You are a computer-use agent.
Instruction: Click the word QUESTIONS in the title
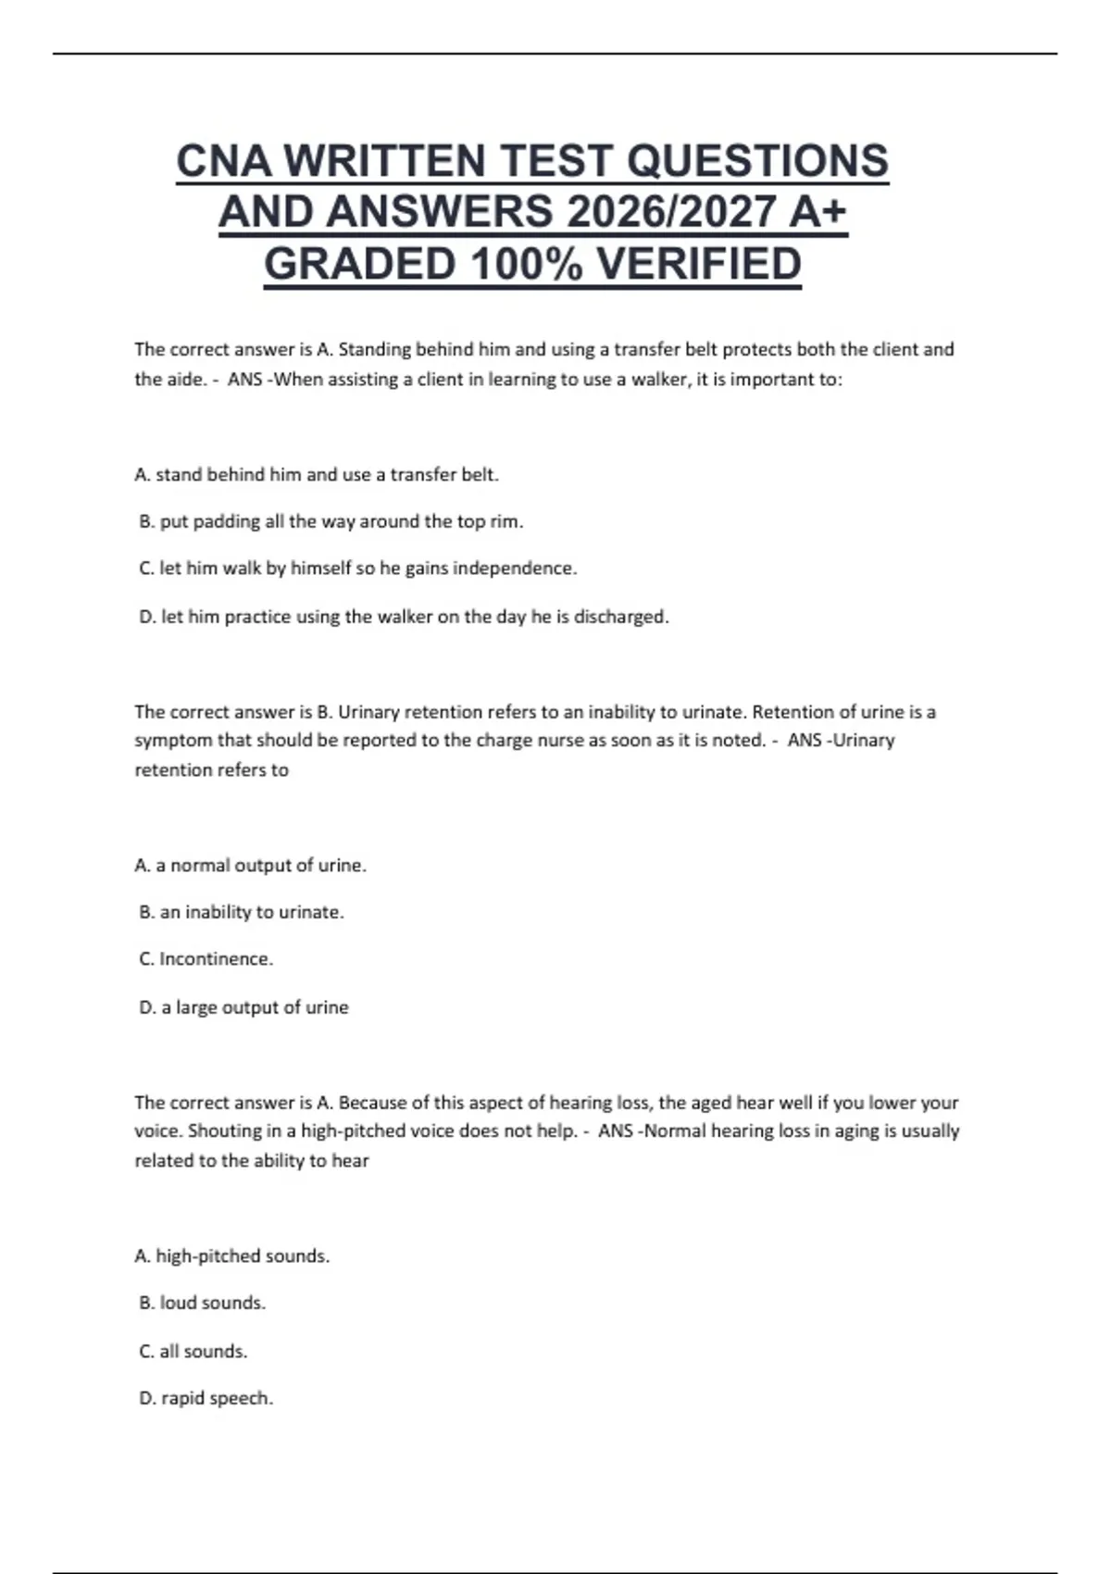point(757,161)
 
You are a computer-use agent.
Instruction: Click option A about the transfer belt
point(317,475)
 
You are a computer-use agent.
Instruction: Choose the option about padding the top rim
point(331,521)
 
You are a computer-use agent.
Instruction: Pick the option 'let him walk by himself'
point(357,568)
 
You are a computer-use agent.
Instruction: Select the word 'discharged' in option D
point(619,617)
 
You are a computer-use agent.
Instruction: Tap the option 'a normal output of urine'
point(250,866)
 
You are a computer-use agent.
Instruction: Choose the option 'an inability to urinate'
point(241,912)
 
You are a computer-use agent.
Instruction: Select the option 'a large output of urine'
point(243,1007)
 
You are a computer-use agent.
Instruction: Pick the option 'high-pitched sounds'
point(231,1256)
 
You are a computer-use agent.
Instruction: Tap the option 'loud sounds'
point(202,1303)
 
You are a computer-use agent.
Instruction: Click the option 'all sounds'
point(193,1352)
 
